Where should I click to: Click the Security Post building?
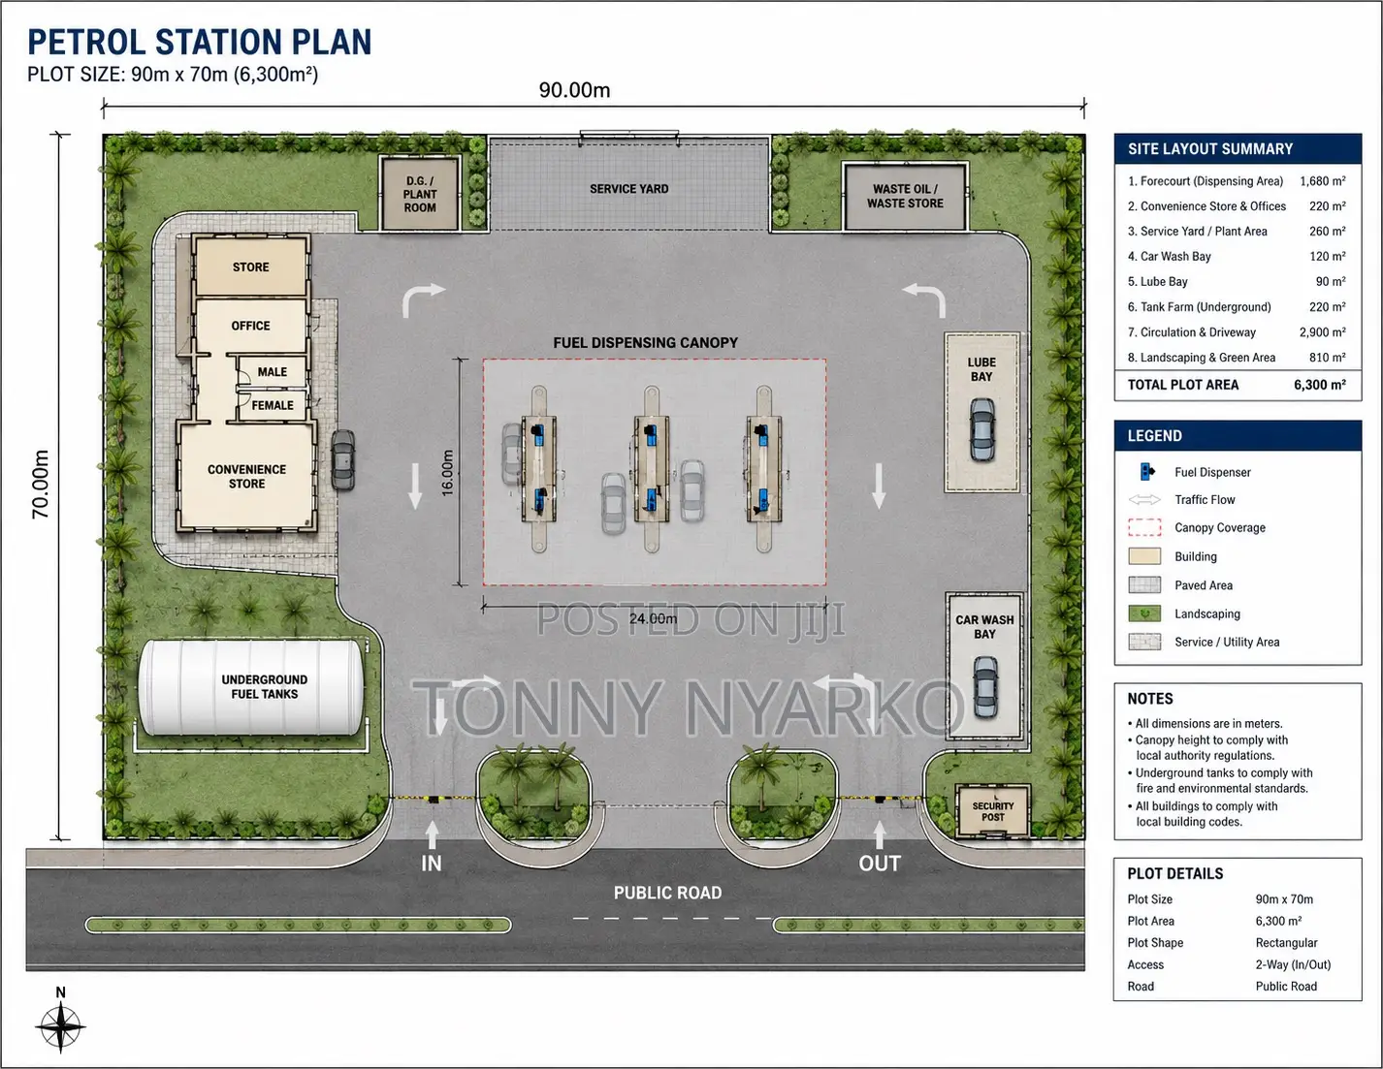coord(992,810)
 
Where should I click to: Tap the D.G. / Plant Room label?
coord(420,194)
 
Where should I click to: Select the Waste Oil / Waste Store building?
coord(905,196)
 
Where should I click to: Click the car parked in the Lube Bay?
coord(982,429)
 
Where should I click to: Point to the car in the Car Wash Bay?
coord(985,687)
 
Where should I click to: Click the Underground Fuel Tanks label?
coord(264,687)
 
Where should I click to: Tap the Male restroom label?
coord(272,372)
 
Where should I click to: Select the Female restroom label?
coord(273,405)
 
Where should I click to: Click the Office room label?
coord(250,326)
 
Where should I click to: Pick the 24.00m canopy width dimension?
coord(653,618)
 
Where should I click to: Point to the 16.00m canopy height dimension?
coord(447,473)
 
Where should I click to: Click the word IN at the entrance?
coord(431,863)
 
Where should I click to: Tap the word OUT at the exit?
coord(880,863)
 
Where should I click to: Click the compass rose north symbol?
coord(60,1025)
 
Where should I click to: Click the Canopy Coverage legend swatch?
coord(1144,528)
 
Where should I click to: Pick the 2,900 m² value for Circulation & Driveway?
coord(1322,332)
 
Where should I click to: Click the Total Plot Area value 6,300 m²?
coord(1319,385)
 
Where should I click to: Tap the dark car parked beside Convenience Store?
coord(343,459)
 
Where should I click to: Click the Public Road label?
coord(667,893)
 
